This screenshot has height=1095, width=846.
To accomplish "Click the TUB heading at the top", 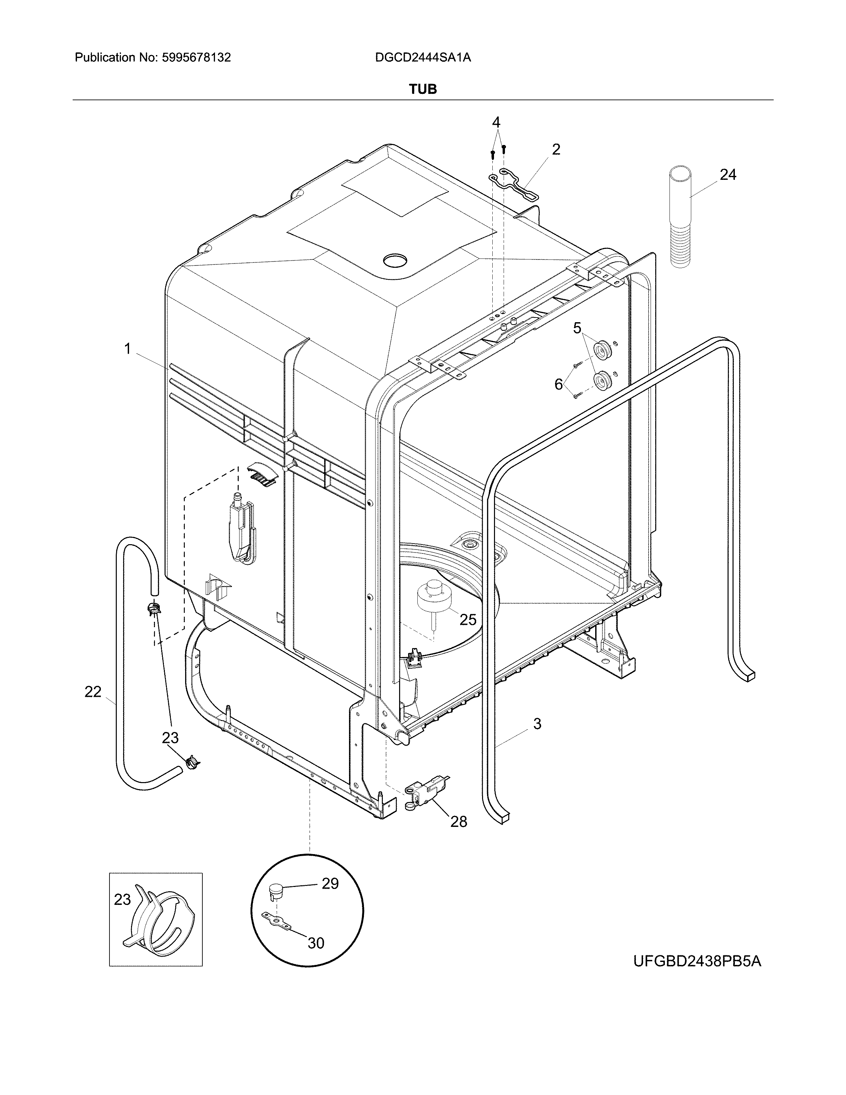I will (422, 89).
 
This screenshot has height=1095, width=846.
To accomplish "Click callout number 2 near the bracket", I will (556, 149).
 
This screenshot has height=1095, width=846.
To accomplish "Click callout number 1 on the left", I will (127, 348).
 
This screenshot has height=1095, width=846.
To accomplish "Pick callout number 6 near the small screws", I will (558, 384).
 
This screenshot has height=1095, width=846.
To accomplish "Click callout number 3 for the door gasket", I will (537, 723).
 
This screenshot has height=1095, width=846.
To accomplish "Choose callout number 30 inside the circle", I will (316, 943).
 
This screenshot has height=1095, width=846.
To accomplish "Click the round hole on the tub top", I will (396, 260).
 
